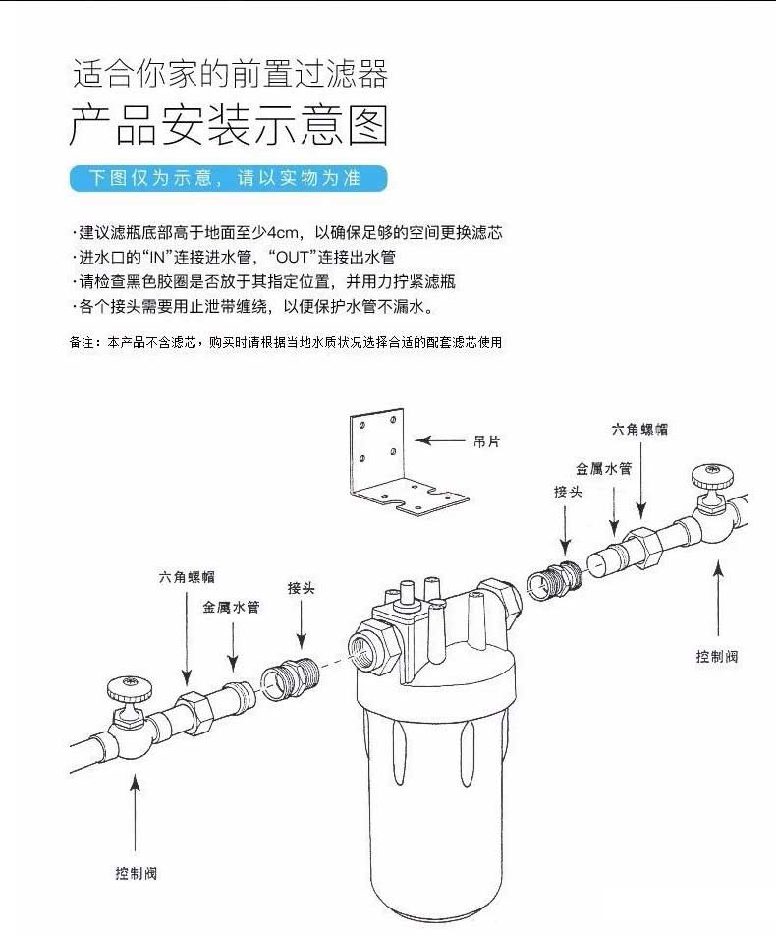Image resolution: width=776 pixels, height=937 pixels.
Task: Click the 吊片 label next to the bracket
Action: pos(487,442)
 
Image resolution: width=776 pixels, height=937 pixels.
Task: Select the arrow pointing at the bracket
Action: pos(441,442)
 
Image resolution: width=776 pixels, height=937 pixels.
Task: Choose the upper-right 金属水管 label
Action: pos(603,470)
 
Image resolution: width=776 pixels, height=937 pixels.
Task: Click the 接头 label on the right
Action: pos(568,491)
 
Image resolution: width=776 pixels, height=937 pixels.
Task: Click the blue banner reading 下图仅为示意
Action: pos(228,178)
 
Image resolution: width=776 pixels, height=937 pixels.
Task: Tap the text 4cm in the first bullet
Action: pos(284,233)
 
